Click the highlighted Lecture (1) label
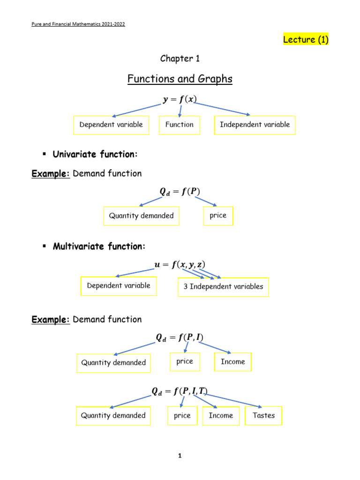(306, 40)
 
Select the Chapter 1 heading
(176, 59)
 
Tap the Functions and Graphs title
(180, 79)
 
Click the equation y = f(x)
(180, 99)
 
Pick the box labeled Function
(179, 125)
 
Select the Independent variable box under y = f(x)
(255, 125)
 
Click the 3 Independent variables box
(223, 287)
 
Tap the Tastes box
(263, 416)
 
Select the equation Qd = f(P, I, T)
(180, 391)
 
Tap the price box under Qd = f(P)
(218, 216)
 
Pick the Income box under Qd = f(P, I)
(232, 362)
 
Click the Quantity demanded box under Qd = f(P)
(141, 216)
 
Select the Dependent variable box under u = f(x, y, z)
(118, 286)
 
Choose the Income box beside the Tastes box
(221, 416)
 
